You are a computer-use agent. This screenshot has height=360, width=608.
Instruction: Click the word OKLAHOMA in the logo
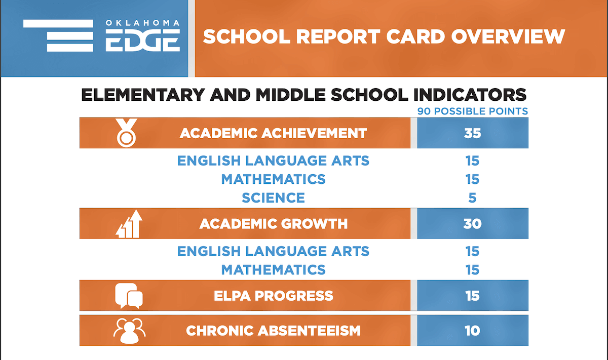click(x=142, y=23)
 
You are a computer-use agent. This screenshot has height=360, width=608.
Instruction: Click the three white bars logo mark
click(x=58, y=35)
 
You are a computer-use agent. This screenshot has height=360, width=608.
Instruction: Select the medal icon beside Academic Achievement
click(x=126, y=133)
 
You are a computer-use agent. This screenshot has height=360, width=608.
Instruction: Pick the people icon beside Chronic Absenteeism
click(x=129, y=331)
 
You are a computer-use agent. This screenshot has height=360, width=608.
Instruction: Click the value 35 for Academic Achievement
click(x=472, y=133)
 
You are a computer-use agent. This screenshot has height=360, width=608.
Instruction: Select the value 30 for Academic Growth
click(x=472, y=224)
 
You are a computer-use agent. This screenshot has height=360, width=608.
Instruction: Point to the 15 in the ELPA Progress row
click(x=472, y=296)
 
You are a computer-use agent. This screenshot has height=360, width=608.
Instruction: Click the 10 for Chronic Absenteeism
click(x=472, y=331)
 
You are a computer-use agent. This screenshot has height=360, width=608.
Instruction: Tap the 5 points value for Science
click(x=472, y=197)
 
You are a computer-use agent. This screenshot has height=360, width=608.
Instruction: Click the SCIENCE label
click(x=273, y=197)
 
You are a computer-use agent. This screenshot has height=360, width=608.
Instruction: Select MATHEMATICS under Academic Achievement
click(x=273, y=179)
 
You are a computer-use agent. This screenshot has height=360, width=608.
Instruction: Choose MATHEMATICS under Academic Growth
click(x=273, y=269)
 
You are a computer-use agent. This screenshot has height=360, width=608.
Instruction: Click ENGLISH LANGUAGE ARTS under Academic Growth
click(x=273, y=251)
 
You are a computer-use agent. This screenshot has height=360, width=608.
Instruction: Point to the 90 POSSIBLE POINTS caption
click(x=472, y=111)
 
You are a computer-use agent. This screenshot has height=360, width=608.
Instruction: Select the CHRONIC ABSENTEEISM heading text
click(x=273, y=331)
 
